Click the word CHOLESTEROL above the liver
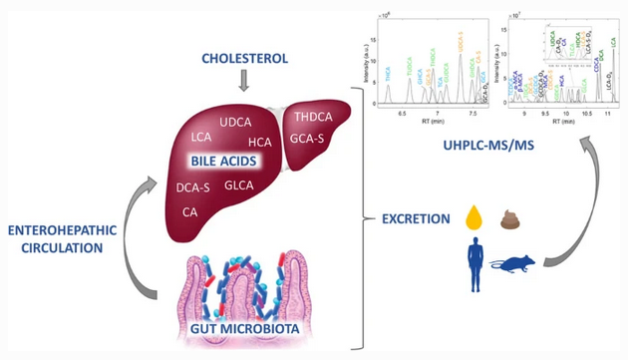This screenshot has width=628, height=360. pos(244,59)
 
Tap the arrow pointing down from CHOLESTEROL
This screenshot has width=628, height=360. pos(244,85)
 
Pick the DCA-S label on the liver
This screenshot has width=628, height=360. pos(193,186)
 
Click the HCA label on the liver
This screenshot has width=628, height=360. pos(260,142)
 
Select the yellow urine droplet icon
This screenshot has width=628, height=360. pos(476,217)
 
